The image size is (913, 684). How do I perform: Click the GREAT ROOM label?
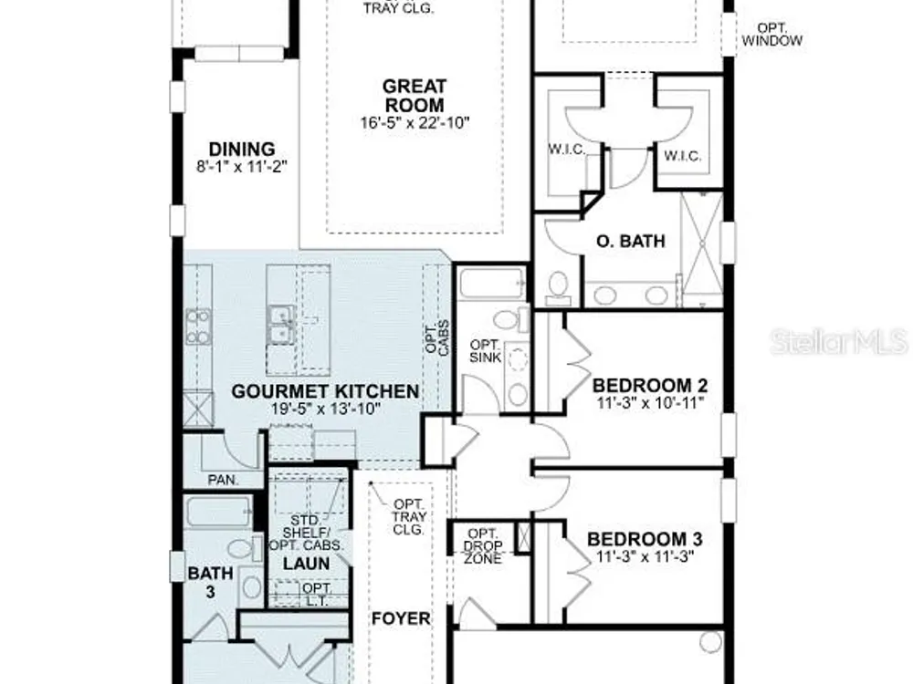(x=415, y=96)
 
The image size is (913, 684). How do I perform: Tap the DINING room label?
(x=242, y=149)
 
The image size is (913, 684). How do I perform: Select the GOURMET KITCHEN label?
(x=326, y=391)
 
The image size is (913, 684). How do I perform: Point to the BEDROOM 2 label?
(x=650, y=386)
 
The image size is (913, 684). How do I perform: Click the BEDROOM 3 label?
(x=645, y=539)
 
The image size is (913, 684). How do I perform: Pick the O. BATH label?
(x=631, y=241)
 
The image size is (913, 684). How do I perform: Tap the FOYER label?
(x=401, y=618)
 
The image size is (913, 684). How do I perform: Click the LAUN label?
(x=306, y=564)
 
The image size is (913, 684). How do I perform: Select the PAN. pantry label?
(x=224, y=480)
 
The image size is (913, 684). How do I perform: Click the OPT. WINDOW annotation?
(x=772, y=35)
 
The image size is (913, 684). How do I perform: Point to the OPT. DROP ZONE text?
(x=483, y=546)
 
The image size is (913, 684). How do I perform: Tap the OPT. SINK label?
(x=485, y=351)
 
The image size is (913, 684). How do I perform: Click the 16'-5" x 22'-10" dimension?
(x=415, y=123)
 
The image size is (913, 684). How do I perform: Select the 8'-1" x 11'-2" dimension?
(x=242, y=167)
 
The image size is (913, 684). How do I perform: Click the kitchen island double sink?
(x=282, y=326)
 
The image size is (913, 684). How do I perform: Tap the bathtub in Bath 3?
(x=219, y=512)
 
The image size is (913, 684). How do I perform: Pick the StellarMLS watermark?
(x=839, y=341)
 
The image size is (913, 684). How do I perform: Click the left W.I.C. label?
(x=567, y=150)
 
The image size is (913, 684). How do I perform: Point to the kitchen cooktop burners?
(x=198, y=326)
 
